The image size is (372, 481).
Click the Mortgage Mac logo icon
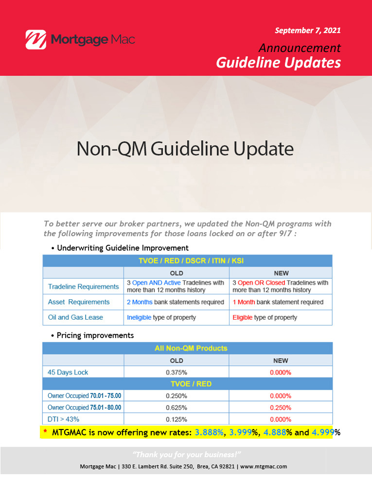click(x=36, y=39)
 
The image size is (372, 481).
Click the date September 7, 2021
click(x=307, y=31)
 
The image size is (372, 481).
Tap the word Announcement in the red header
click(x=300, y=48)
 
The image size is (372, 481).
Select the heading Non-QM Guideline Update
click(x=185, y=149)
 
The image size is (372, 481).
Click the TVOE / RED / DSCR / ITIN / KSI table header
click(x=191, y=261)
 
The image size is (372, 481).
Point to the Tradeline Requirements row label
click(x=83, y=287)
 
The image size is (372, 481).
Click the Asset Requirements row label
click(x=79, y=302)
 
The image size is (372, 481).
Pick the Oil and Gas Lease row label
click(x=75, y=317)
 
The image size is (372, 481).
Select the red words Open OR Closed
click(x=261, y=282)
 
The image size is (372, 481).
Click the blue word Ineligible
click(x=139, y=317)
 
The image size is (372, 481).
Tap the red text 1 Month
click(x=244, y=302)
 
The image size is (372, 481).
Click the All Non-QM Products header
click(x=191, y=348)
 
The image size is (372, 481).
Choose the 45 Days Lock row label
click(x=68, y=372)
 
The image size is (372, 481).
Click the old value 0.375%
click(x=177, y=372)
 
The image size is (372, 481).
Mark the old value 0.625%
click(x=177, y=408)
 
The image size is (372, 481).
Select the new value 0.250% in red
click(x=281, y=408)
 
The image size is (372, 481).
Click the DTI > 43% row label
click(x=63, y=419)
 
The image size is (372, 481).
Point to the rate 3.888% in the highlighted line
click(x=209, y=432)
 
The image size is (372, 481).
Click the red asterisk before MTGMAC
click(x=45, y=431)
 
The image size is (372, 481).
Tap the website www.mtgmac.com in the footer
click(x=264, y=466)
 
